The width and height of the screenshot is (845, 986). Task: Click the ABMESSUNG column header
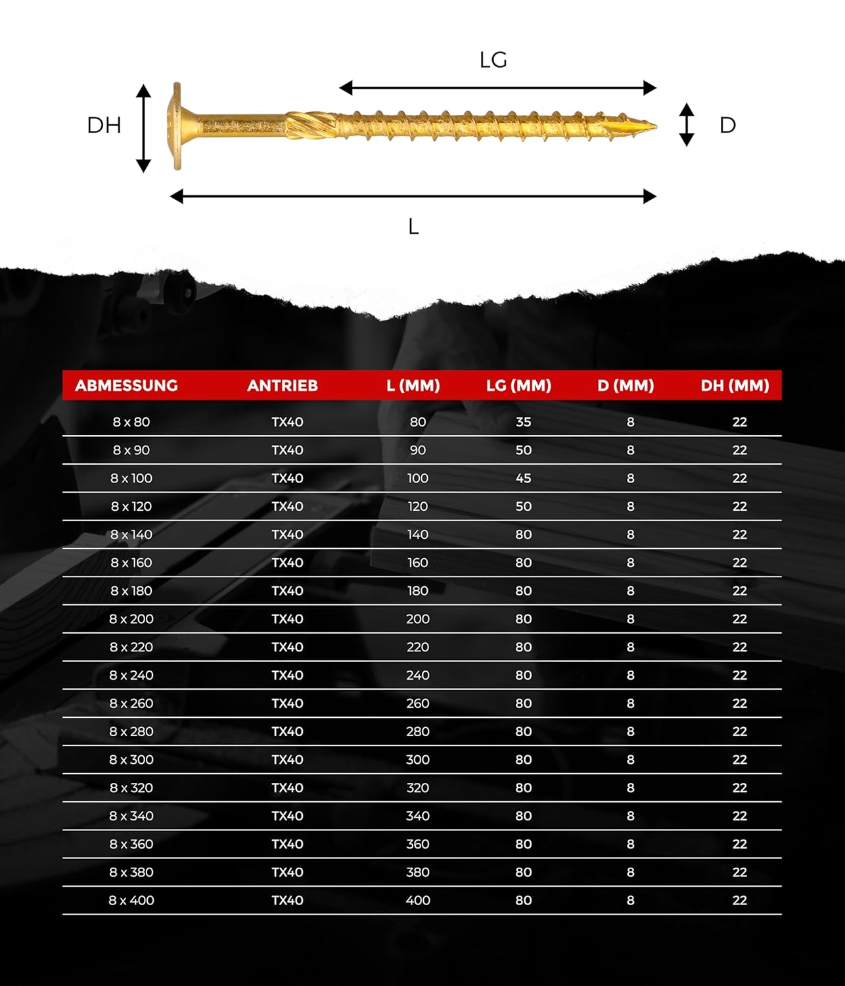pos(126,385)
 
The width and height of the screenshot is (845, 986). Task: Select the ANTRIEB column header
pos(283,385)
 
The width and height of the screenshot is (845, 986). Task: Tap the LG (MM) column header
pos(518,385)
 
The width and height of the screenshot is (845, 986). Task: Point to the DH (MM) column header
pos(735,385)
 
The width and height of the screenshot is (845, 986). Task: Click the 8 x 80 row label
pos(131,422)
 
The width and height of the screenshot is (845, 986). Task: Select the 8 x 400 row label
pos(131,901)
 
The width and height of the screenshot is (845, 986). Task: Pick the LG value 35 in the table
pos(523,422)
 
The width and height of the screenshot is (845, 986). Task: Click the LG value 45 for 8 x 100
pos(523,479)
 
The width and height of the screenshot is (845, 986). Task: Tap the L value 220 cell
pos(418,647)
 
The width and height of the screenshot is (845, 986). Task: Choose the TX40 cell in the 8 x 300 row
pos(287,760)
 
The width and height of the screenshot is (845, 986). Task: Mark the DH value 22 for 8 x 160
pos(740,563)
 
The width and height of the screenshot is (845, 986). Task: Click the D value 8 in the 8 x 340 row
pos(630,816)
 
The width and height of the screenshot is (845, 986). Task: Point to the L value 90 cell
pos(418,450)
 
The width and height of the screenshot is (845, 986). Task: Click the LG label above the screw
pos(493,60)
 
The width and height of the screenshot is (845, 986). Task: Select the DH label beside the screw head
pos(104,126)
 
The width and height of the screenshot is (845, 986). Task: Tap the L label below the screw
pos(413,227)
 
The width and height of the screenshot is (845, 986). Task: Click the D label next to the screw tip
pos(727,126)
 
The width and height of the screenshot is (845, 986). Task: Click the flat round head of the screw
pos(177,126)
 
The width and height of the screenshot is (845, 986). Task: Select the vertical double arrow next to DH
pos(143,128)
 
